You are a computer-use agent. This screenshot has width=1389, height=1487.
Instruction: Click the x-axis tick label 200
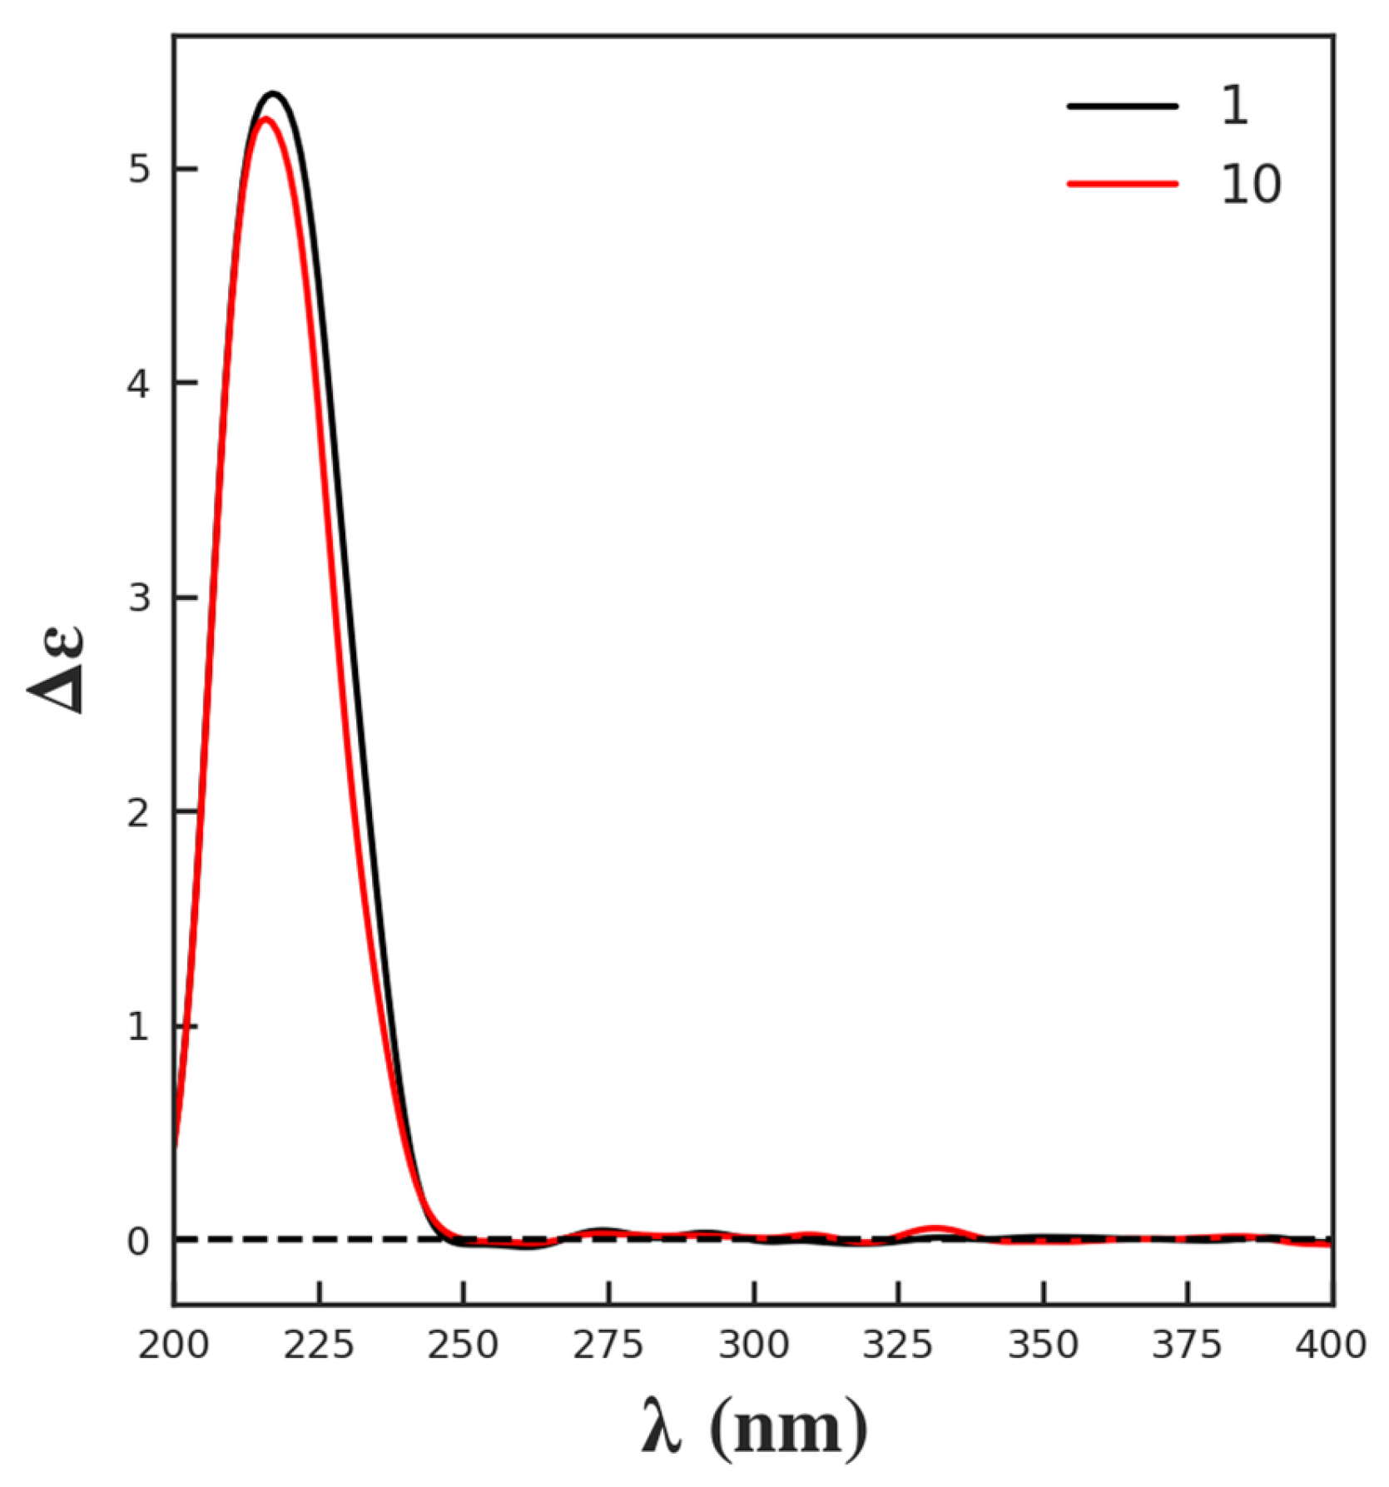click(x=173, y=1346)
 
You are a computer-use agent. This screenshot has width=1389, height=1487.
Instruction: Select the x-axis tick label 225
click(x=319, y=1346)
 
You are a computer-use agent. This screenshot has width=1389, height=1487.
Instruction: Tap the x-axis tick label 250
click(x=464, y=1346)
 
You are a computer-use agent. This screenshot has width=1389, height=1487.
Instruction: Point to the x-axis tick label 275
click(x=608, y=1346)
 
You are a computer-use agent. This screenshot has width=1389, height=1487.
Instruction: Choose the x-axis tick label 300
click(x=754, y=1346)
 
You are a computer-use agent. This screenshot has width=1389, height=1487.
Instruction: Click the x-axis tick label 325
click(x=898, y=1346)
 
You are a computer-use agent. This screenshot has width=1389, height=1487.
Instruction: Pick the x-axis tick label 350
click(x=1044, y=1346)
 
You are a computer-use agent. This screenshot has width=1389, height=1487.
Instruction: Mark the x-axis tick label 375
click(x=1188, y=1346)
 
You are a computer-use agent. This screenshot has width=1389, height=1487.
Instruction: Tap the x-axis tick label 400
click(x=1331, y=1346)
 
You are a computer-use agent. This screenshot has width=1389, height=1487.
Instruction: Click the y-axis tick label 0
click(x=138, y=1242)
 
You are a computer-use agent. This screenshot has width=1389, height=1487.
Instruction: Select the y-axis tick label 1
click(x=138, y=1027)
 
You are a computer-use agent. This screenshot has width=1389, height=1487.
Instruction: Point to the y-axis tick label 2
click(x=138, y=813)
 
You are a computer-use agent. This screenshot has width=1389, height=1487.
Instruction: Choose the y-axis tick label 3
click(x=138, y=597)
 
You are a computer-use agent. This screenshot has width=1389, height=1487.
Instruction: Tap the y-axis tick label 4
click(x=138, y=384)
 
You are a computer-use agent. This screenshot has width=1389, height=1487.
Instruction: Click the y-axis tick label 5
click(x=138, y=169)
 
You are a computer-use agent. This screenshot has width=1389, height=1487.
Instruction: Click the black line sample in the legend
click(x=1123, y=106)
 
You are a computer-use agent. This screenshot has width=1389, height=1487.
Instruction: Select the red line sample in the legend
click(x=1123, y=183)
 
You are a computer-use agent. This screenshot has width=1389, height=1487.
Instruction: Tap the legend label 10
click(x=1250, y=184)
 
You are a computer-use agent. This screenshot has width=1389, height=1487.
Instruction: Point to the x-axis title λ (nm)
click(x=754, y=1428)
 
